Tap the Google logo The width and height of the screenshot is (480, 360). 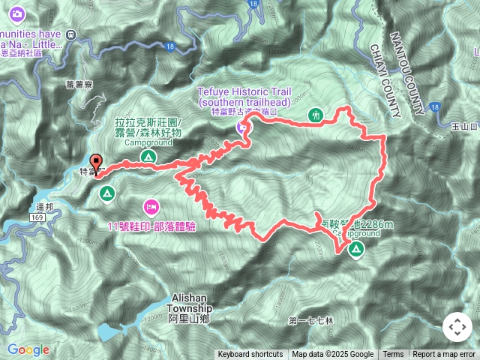(28, 349)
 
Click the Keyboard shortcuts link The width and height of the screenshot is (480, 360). (250, 355)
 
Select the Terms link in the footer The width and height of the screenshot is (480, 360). (393, 355)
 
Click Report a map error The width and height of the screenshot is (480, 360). (444, 355)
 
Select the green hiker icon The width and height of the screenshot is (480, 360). (316, 115)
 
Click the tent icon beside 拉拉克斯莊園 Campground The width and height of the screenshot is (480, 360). (148, 157)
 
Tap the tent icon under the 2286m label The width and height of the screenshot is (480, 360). (355, 249)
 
